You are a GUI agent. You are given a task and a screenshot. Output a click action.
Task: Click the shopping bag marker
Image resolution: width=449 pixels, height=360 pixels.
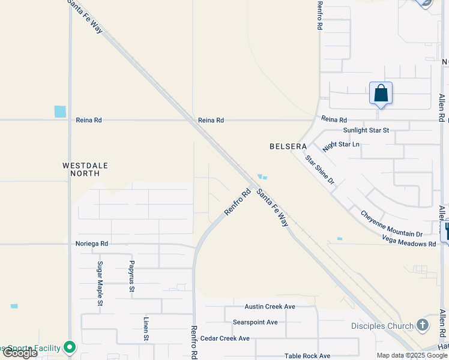click(381, 94)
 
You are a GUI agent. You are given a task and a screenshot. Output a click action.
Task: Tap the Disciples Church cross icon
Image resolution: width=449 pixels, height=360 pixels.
click(423, 326)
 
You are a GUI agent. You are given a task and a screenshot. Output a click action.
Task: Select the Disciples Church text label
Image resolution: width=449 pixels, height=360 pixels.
click(382, 326)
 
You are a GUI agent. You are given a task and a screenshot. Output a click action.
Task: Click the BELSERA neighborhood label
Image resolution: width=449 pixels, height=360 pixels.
click(288, 146)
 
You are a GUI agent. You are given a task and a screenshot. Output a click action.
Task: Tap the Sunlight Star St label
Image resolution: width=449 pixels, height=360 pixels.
click(366, 130)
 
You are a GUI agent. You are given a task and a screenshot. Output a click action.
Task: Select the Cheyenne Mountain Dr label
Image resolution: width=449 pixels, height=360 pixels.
click(391, 224)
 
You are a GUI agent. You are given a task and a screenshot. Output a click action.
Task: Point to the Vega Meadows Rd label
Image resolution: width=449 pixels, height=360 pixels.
click(409, 241)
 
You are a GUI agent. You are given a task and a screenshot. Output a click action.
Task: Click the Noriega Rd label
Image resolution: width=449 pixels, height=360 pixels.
click(92, 244)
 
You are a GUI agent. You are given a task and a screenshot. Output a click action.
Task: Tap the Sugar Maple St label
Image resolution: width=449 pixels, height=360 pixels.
click(100, 284)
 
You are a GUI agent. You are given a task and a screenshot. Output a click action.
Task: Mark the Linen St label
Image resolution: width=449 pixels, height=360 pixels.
click(146, 329)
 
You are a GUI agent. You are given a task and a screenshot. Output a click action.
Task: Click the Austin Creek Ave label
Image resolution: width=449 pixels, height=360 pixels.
click(270, 307)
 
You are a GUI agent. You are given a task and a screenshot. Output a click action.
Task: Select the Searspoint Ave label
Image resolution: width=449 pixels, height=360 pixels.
click(255, 322)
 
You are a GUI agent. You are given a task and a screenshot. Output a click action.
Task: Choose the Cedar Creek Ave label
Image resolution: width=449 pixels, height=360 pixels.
click(224, 338)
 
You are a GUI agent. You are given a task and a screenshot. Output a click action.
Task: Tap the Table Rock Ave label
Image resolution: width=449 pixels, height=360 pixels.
click(307, 356)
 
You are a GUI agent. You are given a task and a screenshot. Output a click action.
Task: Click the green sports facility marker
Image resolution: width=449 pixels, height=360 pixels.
click(70, 347)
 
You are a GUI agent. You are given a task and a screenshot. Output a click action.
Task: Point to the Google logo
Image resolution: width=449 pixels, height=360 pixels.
click(20, 353)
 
